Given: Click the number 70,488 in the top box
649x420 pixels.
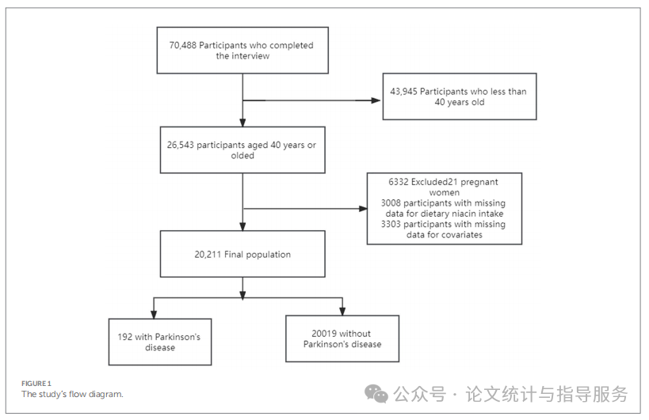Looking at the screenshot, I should pyautogui.click(x=182, y=46).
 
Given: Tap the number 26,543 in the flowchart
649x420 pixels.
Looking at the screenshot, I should pyautogui.click(x=181, y=144).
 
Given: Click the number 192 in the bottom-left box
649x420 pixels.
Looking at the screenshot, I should pyautogui.click(x=124, y=337).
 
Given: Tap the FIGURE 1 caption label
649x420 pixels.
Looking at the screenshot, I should pyautogui.click(x=36, y=384).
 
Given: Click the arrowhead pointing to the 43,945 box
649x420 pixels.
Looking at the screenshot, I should pyautogui.click(x=377, y=100).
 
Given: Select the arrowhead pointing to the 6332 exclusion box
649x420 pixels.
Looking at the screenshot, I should pyautogui.click(x=363, y=210).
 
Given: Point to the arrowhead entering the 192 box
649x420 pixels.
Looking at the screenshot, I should pyautogui.click(x=154, y=312).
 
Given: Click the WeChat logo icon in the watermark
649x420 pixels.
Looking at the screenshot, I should pyautogui.click(x=376, y=393).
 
